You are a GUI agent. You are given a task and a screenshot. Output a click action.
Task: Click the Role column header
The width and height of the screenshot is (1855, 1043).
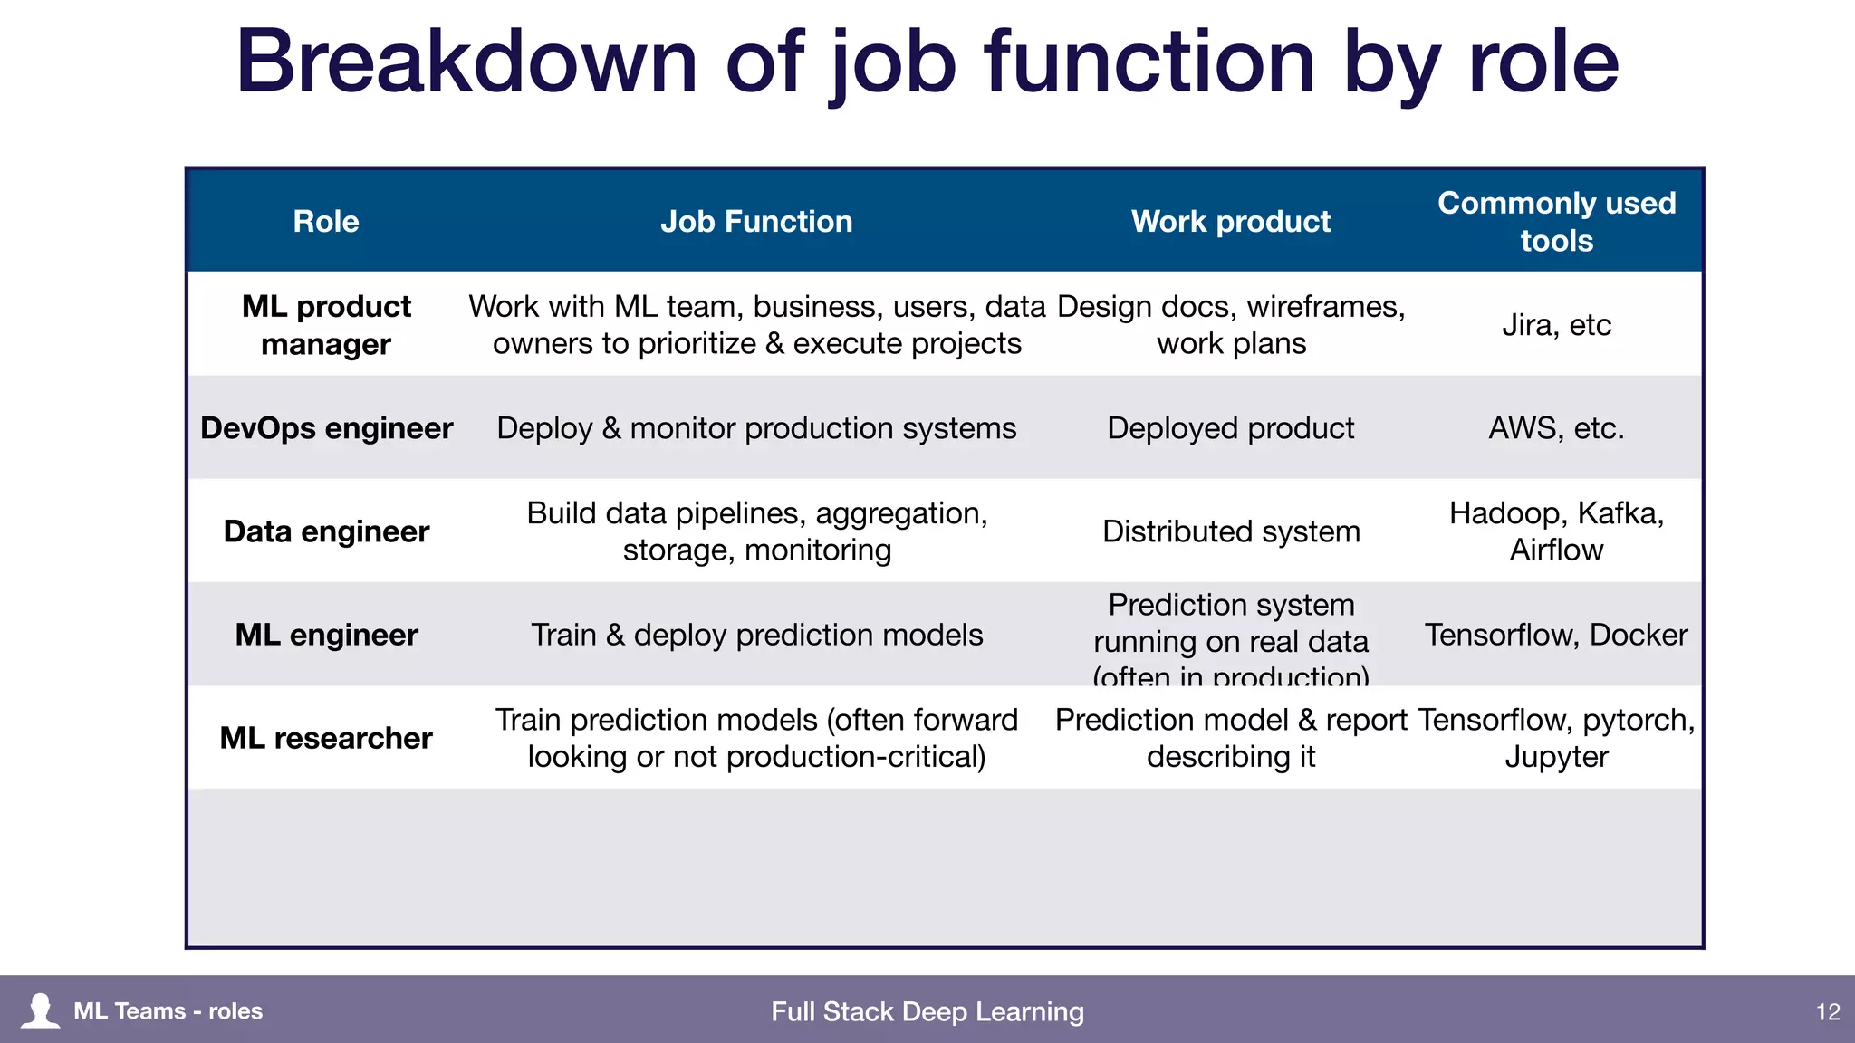pos(326,222)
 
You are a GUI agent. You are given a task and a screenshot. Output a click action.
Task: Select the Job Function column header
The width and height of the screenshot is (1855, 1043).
pos(756,222)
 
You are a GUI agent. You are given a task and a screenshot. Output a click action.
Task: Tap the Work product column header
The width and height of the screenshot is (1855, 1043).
pos(1230,222)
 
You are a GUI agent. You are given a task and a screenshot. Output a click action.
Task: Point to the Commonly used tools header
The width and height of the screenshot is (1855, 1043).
pos(1556,222)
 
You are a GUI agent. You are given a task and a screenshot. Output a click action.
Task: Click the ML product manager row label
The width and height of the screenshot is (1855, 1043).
pos(326,325)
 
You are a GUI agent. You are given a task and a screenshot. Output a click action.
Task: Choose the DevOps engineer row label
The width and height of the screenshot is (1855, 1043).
pos(326,428)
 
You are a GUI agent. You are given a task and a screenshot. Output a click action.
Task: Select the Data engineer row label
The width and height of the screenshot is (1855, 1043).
pos(326,531)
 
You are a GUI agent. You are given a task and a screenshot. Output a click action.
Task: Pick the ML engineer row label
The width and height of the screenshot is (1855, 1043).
pos(326,635)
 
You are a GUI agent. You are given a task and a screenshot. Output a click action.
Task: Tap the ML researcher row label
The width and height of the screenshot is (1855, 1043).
pos(326,738)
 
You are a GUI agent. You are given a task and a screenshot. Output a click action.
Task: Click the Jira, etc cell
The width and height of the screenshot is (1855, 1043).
pos(1556,325)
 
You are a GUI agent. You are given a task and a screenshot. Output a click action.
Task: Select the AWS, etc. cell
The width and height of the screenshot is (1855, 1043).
pos(1556,428)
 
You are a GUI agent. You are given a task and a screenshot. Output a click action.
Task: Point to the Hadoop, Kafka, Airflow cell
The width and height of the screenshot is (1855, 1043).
pos(1556,531)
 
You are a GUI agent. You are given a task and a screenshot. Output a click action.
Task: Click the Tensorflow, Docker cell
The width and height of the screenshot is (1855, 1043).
pos(1556,635)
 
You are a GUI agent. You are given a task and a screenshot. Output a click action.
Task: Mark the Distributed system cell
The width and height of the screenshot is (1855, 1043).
pos(1230,531)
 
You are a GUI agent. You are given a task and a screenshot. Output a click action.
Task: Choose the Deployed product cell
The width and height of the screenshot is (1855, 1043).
pos(1230,428)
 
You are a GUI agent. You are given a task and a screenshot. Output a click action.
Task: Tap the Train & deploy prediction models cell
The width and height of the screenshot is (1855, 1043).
pos(756,635)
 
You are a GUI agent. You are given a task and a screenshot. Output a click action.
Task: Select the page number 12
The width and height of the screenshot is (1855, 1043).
pos(1828,1011)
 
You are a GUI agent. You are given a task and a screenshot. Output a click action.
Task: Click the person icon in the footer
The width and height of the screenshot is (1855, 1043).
pos(40,1010)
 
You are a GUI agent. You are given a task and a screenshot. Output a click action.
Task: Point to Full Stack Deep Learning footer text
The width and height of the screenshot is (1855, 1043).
pos(927,1011)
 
